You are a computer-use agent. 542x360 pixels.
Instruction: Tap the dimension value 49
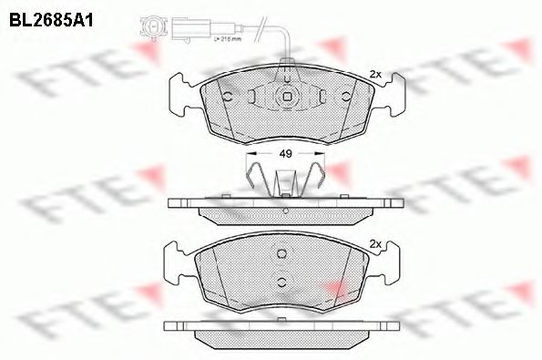pos(285,155)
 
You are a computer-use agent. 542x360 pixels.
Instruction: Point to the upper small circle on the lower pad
pos(282,254)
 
